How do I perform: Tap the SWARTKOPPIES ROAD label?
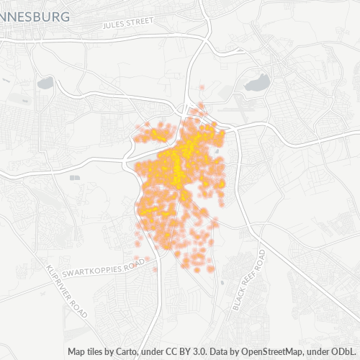99,269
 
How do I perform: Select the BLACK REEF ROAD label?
250,280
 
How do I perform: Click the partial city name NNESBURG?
35,16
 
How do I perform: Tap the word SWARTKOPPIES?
88,271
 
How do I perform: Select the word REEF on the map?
251,279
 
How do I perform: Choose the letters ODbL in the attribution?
345,352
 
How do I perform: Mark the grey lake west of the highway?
45,84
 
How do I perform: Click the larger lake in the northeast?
256,83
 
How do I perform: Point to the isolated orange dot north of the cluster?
202,88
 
